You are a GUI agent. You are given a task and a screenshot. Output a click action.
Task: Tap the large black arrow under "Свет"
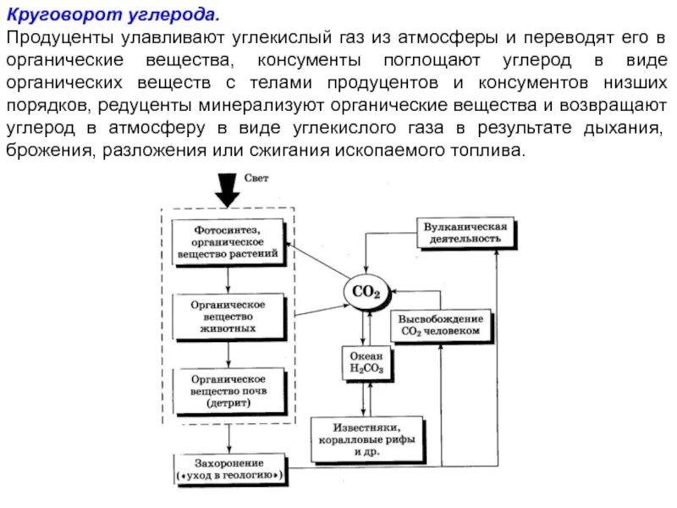[x=227, y=189]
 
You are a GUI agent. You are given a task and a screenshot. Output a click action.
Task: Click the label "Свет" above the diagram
[x=257, y=178]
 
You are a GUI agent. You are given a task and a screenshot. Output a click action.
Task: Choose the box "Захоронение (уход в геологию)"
[x=228, y=470]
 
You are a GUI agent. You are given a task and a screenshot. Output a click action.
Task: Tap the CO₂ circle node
[x=366, y=292]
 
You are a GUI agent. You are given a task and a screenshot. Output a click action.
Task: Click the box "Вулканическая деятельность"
[x=466, y=232]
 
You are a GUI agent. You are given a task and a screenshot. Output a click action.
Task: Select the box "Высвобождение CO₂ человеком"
[x=441, y=325]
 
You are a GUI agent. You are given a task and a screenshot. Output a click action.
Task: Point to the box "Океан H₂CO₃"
[x=366, y=362]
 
